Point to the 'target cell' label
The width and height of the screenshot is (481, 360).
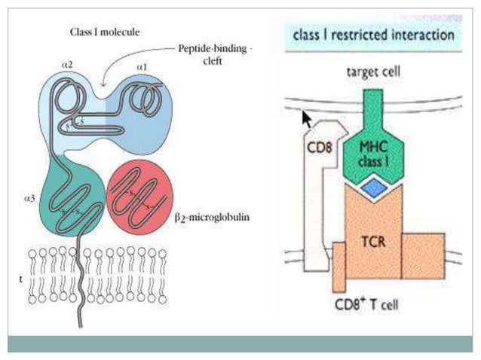pos(371,72)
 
